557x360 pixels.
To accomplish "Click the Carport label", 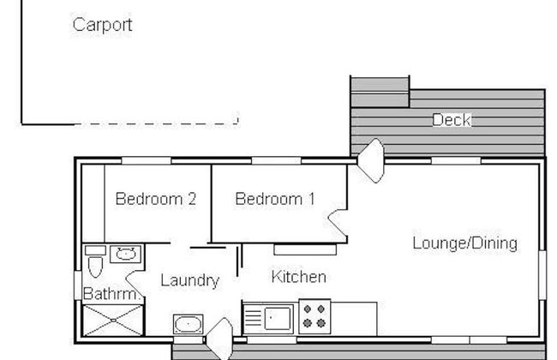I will point(102,25).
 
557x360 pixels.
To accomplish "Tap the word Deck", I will point(451,120).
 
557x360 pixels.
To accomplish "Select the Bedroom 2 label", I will point(156,200).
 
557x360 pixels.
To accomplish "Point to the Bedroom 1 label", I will point(275,200).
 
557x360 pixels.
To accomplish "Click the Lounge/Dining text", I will point(464,243).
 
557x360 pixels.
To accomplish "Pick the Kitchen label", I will point(298,277).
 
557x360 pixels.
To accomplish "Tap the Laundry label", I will point(189,280).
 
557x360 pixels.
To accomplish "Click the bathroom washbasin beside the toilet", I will point(126,254).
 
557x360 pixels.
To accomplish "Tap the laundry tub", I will point(187,325).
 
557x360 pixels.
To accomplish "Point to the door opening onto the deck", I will point(371,161).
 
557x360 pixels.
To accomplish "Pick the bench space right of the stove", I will point(354,318).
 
